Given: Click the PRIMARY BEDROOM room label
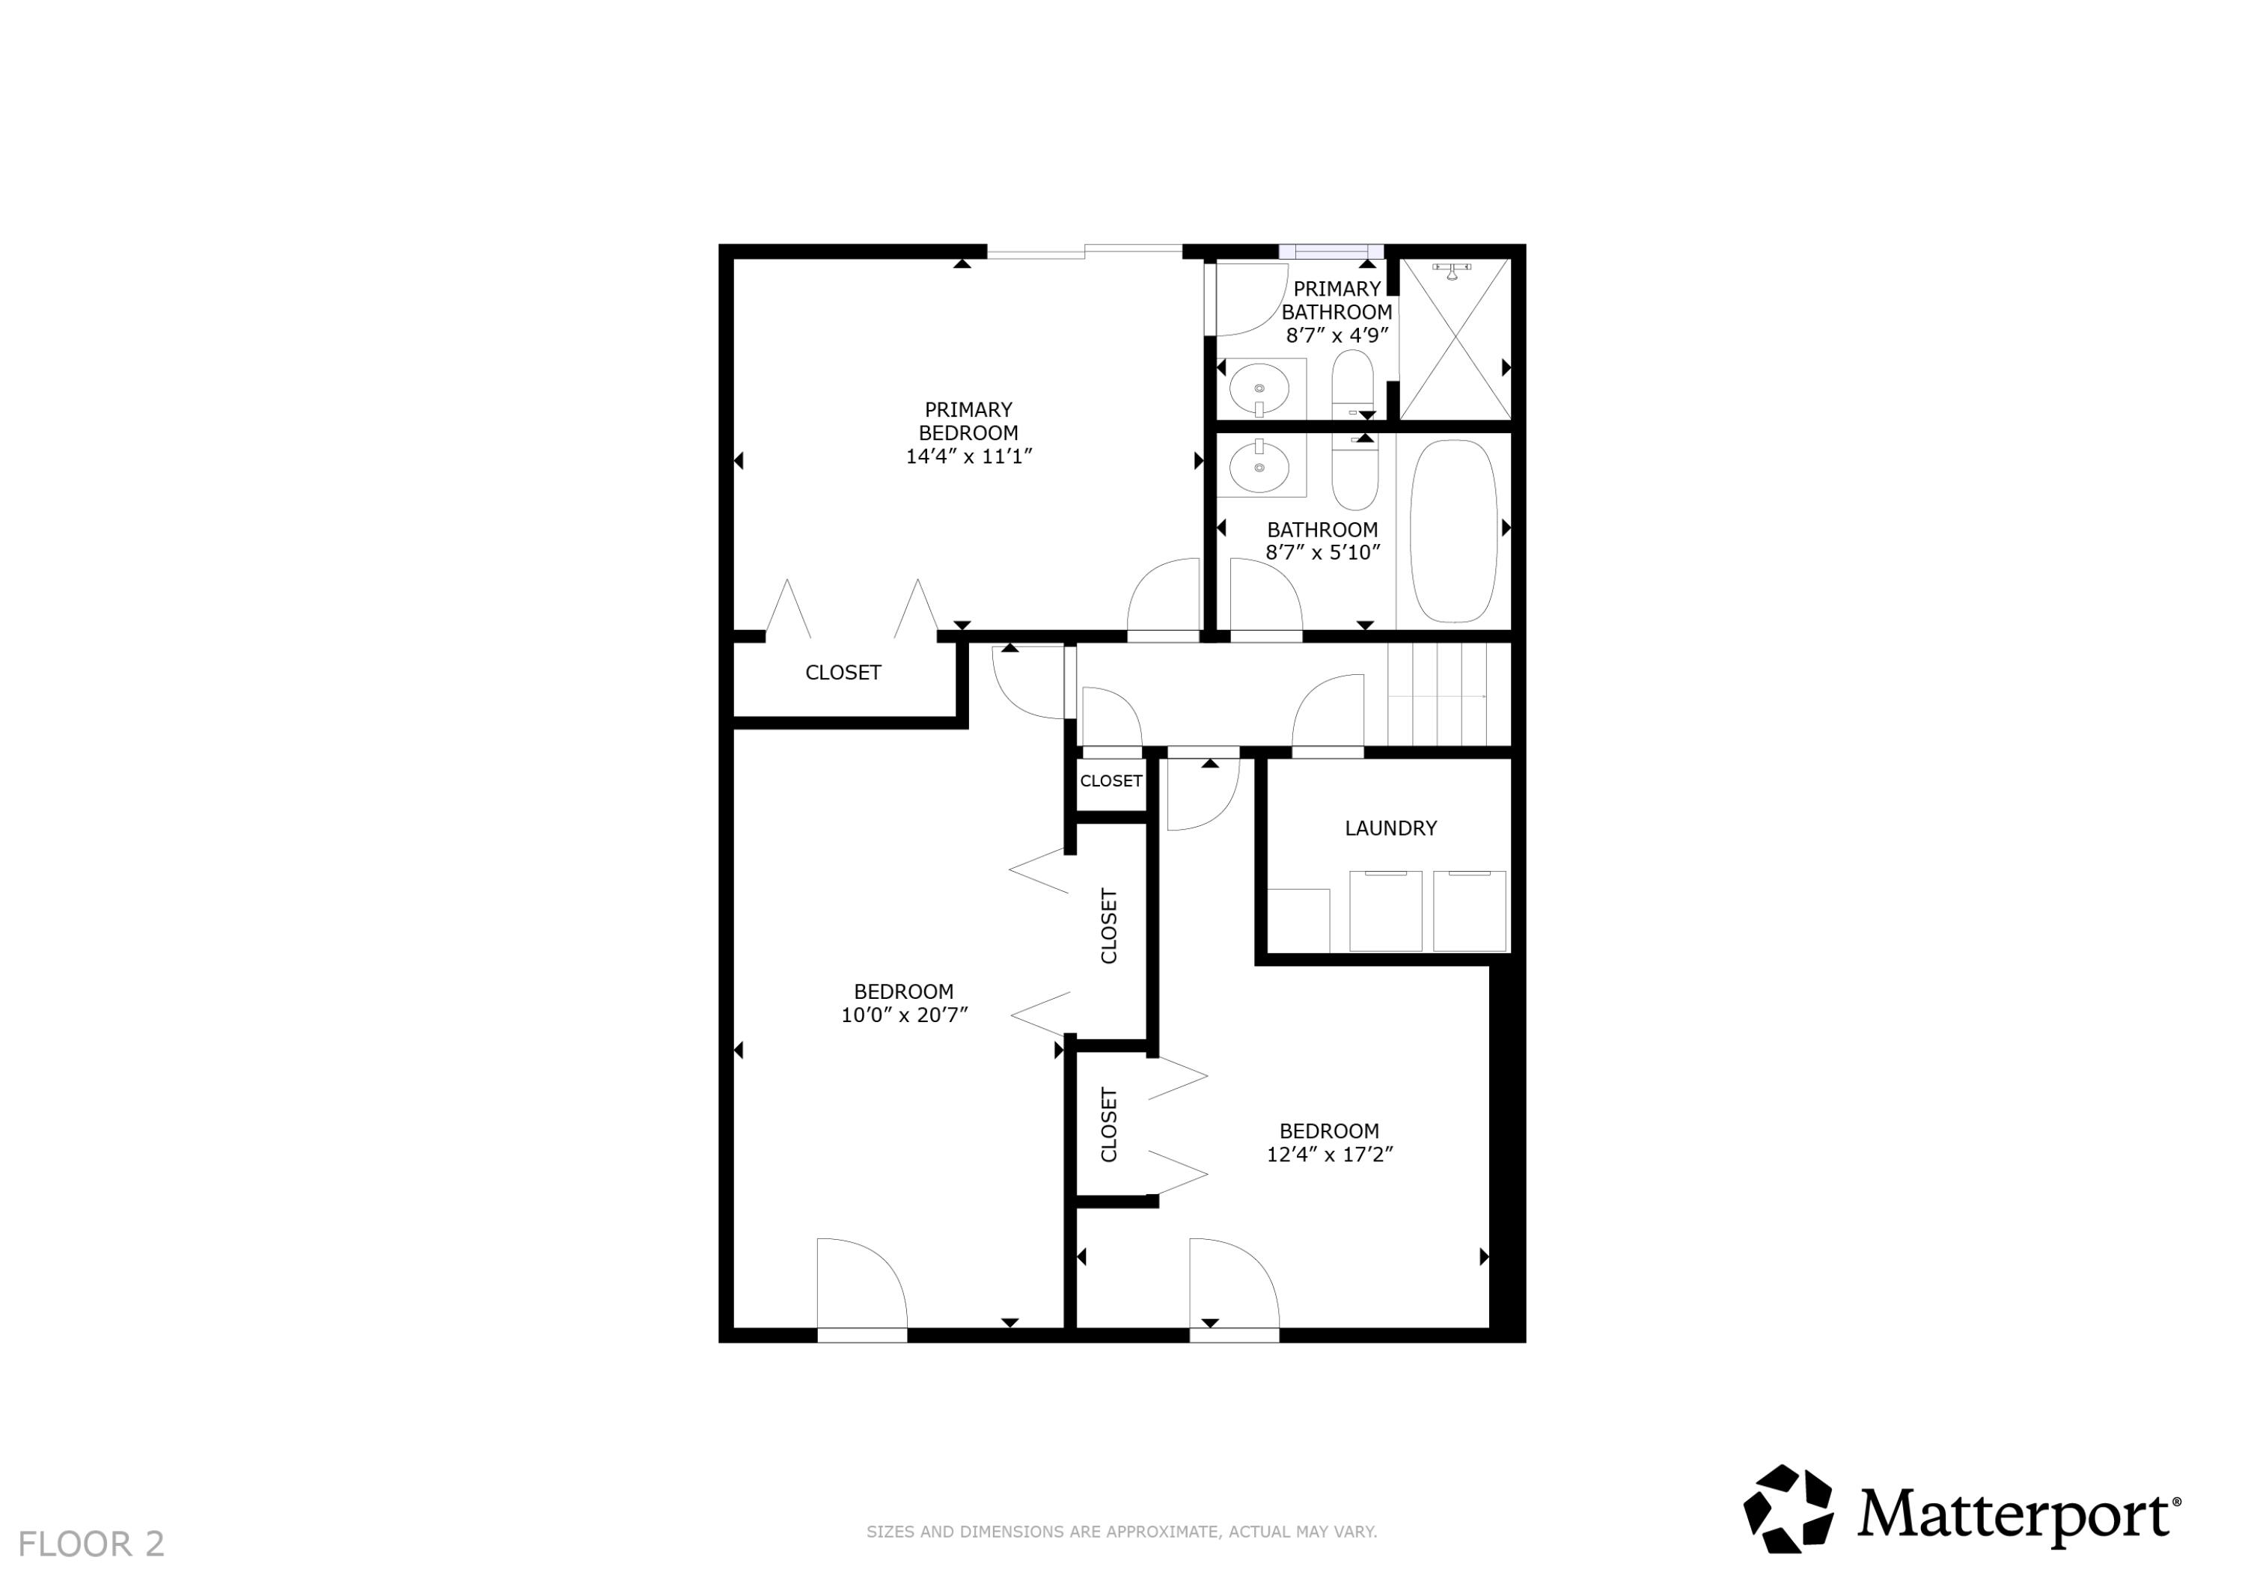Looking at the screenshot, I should (x=968, y=421).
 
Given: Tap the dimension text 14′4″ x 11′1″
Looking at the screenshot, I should (x=968, y=456).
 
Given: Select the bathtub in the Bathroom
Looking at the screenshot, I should (x=1453, y=531).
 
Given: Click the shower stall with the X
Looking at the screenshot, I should (x=1455, y=338).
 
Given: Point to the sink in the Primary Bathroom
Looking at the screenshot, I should (x=1259, y=389).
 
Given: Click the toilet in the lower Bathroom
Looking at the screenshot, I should (x=1354, y=474).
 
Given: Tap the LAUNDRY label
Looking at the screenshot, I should (x=1390, y=828).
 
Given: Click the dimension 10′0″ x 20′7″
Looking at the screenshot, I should (x=903, y=1015).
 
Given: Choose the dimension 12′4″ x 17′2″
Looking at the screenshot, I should (x=1329, y=1155).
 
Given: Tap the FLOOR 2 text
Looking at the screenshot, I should (x=91, y=1544).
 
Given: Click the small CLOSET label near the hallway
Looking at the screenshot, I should (x=1111, y=781).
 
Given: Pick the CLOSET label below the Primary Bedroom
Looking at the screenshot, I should (x=843, y=673).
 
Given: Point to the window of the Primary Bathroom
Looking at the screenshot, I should (x=1331, y=251).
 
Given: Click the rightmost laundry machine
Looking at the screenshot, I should (x=1469, y=911).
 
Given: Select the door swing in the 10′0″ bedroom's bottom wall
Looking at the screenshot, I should (x=861, y=1285).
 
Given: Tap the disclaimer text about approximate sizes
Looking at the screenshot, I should (x=1122, y=1532).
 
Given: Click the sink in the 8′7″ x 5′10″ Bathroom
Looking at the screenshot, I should (x=1259, y=468).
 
